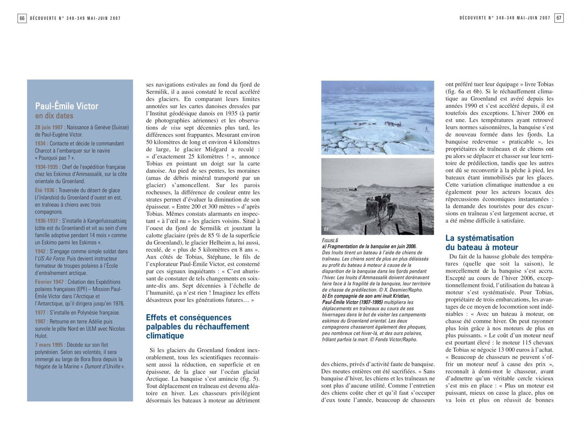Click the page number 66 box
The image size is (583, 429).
tap(22, 18)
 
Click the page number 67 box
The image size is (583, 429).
tap(559, 18)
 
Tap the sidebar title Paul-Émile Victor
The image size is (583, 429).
tap(66, 106)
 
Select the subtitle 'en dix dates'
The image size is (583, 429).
tap(54, 116)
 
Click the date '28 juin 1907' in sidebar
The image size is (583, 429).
tap(49, 127)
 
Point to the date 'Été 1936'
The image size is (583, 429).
tap(45, 190)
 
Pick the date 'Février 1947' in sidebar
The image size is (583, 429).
tap(49, 282)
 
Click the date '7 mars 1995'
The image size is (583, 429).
tap(49, 345)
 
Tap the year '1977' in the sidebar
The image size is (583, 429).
tap(41, 313)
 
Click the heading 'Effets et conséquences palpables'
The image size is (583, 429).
tap(197, 327)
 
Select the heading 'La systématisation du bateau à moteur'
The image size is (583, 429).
tap(481, 243)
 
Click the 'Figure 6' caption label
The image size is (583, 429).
tap(330, 241)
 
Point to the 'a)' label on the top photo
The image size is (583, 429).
tap(326, 149)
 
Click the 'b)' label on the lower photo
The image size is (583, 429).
tap(326, 229)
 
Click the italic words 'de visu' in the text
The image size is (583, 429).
tap(170, 128)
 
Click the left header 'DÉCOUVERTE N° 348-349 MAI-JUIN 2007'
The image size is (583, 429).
tap(75, 18)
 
